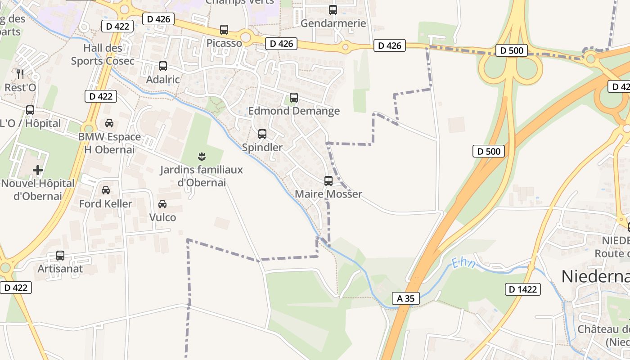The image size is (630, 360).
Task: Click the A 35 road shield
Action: (406, 298)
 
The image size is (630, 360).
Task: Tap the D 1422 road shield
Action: (523, 289)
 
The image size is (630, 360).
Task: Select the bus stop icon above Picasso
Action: (224, 30)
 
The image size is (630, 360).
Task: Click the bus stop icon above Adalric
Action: (163, 66)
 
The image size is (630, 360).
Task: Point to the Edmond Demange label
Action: (294, 111)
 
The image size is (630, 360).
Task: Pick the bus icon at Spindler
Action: (262, 134)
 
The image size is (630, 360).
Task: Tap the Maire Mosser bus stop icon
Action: (328, 181)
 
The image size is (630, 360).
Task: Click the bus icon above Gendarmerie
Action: (333, 10)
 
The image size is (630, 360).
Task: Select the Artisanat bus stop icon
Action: (60, 256)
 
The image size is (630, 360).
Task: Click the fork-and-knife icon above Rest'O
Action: (20, 74)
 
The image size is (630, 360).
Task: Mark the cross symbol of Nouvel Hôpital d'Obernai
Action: (38, 170)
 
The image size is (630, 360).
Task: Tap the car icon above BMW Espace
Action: (109, 123)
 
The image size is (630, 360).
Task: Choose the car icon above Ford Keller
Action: (106, 190)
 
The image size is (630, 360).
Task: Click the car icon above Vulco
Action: (162, 204)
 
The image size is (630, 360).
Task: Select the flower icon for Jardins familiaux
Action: (202, 157)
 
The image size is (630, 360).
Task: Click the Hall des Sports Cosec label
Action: (103, 54)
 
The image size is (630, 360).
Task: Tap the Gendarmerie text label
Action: (333, 23)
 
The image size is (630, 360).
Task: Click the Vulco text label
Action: (162, 217)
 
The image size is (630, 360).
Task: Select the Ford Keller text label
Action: (106, 204)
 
